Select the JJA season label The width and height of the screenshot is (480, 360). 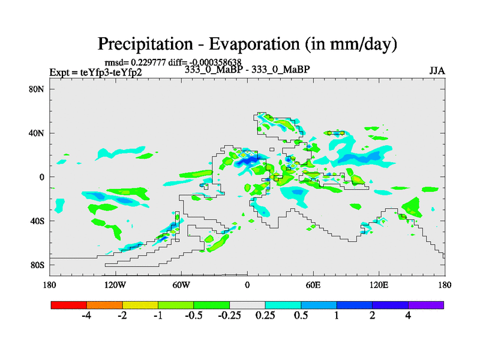(x=437, y=70)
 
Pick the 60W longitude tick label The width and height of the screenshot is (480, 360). (x=181, y=284)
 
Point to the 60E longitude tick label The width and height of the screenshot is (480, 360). (x=313, y=284)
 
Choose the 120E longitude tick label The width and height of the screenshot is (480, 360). (x=379, y=284)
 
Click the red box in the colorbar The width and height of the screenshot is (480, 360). (x=69, y=305)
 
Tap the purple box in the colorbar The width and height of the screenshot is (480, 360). (x=426, y=305)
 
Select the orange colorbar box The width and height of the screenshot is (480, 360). (x=104, y=305)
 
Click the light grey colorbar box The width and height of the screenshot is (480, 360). (x=247, y=305)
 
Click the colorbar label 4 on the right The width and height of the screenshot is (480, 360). (x=408, y=316)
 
